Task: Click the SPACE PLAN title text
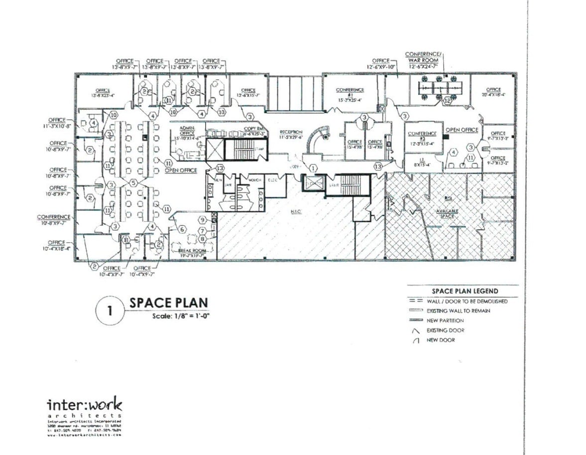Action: click(x=168, y=303)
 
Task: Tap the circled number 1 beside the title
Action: click(x=109, y=311)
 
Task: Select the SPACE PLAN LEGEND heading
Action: click(x=462, y=291)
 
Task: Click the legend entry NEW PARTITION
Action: click(x=445, y=320)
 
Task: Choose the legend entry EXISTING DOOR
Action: click(x=445, y=330)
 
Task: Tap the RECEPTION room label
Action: click(x=291, y=134)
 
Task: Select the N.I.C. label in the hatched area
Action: click(x=297, y=211)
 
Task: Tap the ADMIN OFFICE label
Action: click(x=187, y=131)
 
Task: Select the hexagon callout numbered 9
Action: click(x=203, y=220)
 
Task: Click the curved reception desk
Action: click(x=317, y=140)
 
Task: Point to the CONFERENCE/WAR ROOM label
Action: click(x=423, y=57)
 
